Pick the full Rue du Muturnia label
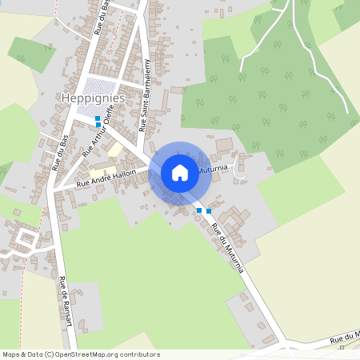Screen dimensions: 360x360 [x=228, y=245]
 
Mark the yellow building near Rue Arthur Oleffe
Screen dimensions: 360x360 [x=116, y=150]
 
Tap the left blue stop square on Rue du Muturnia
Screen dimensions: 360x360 [x=199, y=210]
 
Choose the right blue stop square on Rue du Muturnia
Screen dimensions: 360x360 [x=209, y=211]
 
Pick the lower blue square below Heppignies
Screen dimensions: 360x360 [x=98, y=125]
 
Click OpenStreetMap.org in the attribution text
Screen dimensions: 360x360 [x=89, y=354]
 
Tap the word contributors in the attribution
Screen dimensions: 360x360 [x=141, y=354]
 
